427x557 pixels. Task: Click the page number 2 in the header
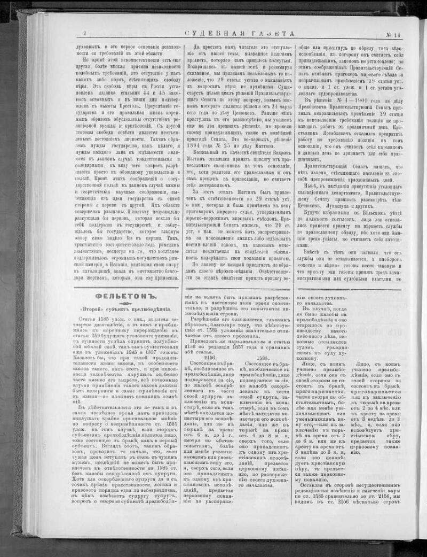85,34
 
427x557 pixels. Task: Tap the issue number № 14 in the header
392,34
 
